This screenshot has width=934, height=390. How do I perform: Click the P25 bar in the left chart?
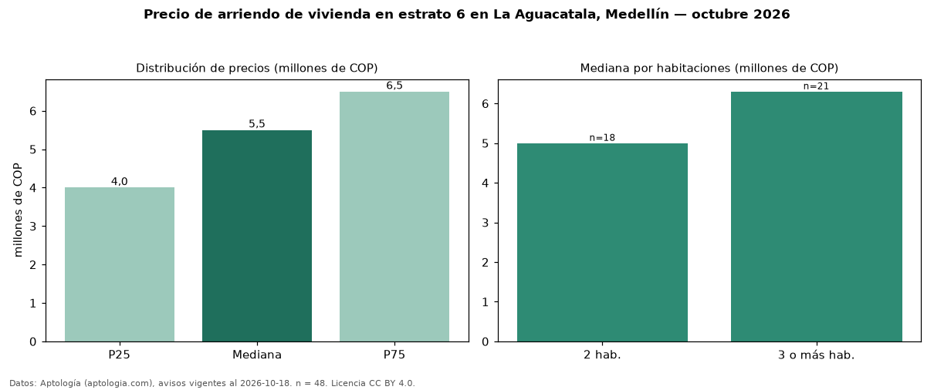click(x=120, y=264)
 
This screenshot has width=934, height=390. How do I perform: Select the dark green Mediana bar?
click(x=257, y=236)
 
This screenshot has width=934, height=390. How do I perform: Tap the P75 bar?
click(x=394, y=217)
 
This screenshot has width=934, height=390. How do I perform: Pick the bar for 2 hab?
click(x=603, y=243)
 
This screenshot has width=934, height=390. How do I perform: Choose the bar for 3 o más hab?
click(x=817, y=217)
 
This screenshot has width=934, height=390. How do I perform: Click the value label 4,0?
click(x=119, y=181)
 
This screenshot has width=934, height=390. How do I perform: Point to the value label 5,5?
click(x=257, y=124)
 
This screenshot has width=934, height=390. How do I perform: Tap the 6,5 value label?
click(x=394, y=86)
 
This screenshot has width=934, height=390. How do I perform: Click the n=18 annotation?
click(x=602, y=138)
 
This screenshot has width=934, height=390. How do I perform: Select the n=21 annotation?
click(x=816, y=86)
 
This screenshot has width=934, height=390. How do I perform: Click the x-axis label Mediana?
click(x=257, y=355)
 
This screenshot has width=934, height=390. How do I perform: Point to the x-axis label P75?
click(x=394, y=355)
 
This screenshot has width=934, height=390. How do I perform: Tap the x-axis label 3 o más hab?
click(x=817, y=355)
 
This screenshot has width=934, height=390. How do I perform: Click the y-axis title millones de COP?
click(x=18, y=210)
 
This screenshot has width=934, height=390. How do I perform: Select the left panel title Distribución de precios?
click(x=204, y=69)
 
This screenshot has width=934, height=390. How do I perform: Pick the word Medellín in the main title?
click(x=637, y=15)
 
